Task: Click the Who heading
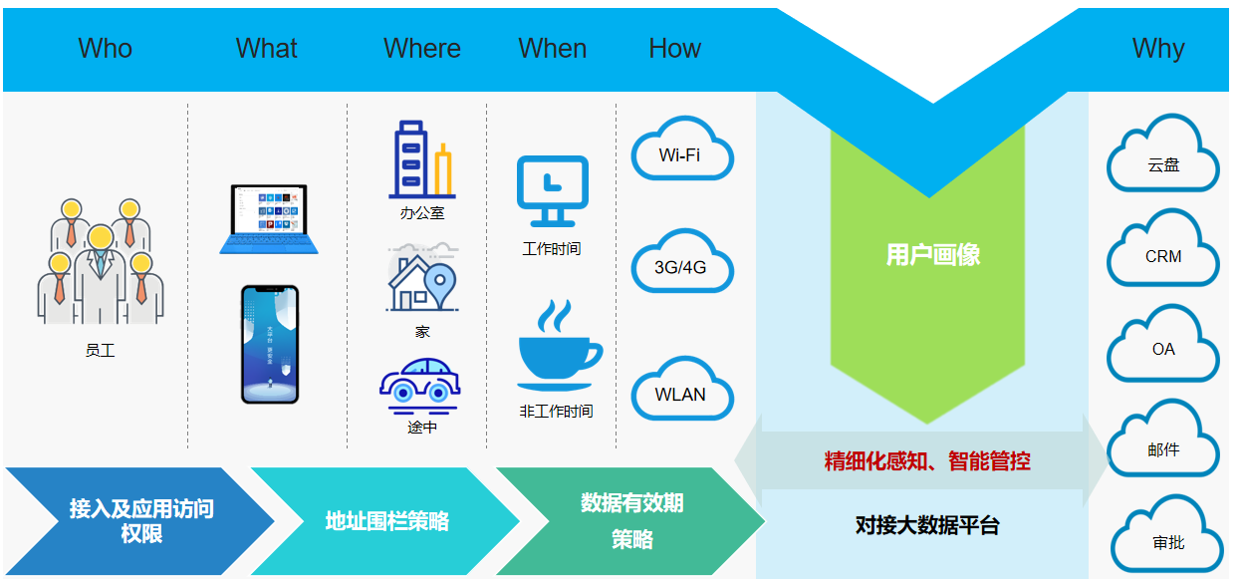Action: [105, 48]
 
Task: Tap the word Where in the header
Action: [422, 48]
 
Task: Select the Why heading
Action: [1158, 48]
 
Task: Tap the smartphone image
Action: [270, 345]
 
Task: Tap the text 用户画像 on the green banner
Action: [933, 255]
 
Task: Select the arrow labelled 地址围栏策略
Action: [386, 521]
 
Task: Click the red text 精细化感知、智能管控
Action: [927, 461]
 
